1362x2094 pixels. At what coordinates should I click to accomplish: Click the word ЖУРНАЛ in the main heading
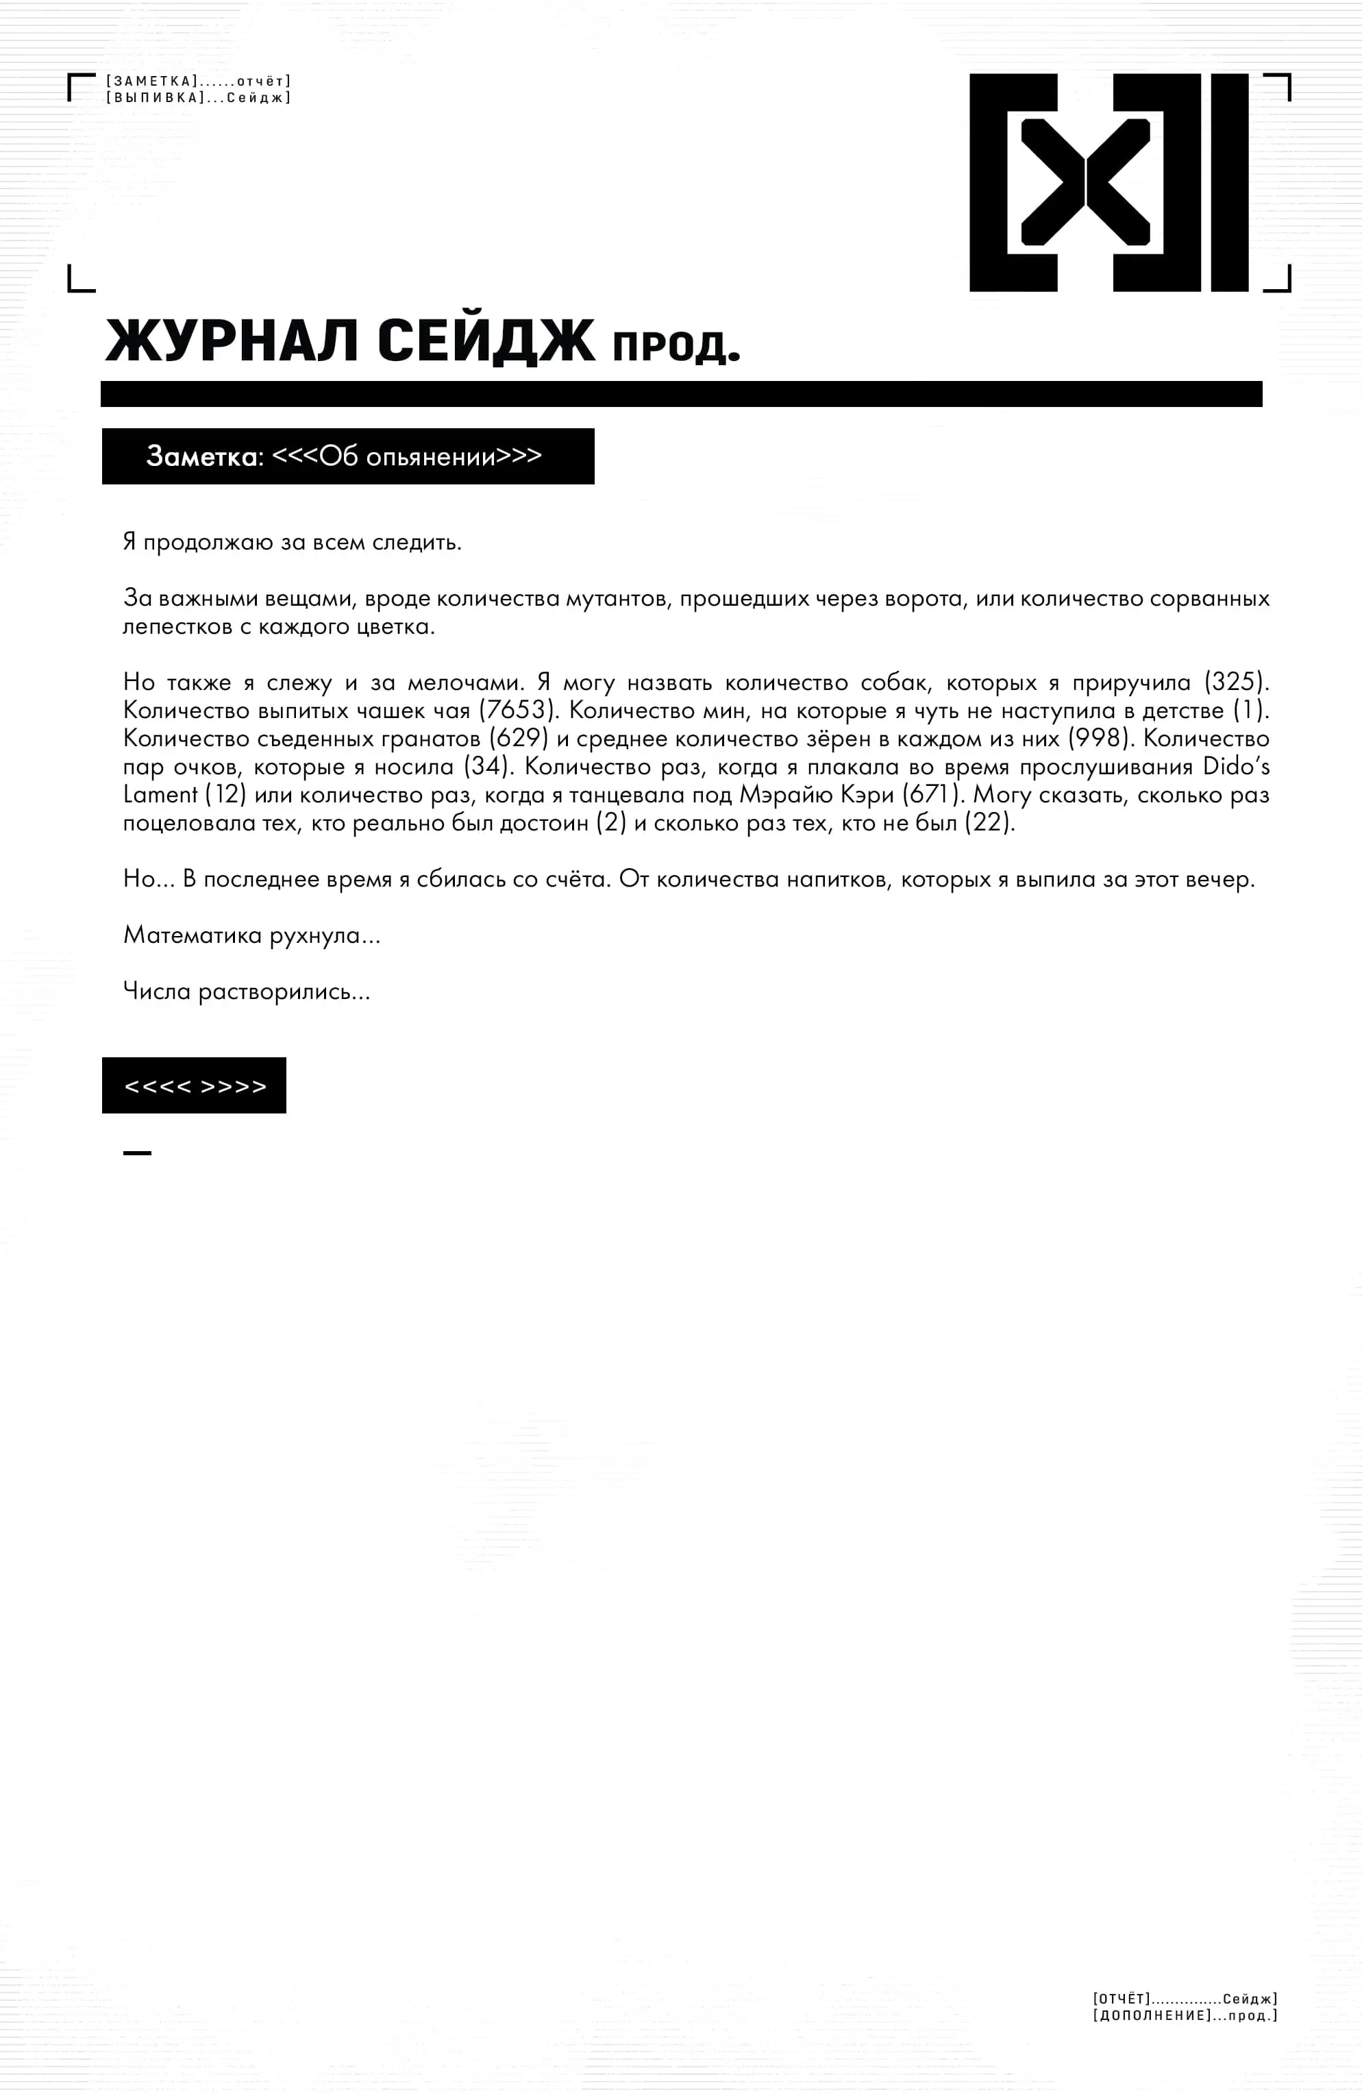[x=232, y=341]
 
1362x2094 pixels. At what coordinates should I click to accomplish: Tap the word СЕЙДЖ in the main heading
[x=486, y=341]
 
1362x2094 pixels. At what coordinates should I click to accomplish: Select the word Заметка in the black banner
[x=204, y=456]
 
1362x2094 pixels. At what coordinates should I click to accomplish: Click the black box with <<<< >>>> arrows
[x=195, y=1085]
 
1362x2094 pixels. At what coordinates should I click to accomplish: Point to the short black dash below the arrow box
[x=137, y=1153]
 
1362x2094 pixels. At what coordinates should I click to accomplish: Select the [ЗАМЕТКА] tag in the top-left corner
[x=152, y=82]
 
